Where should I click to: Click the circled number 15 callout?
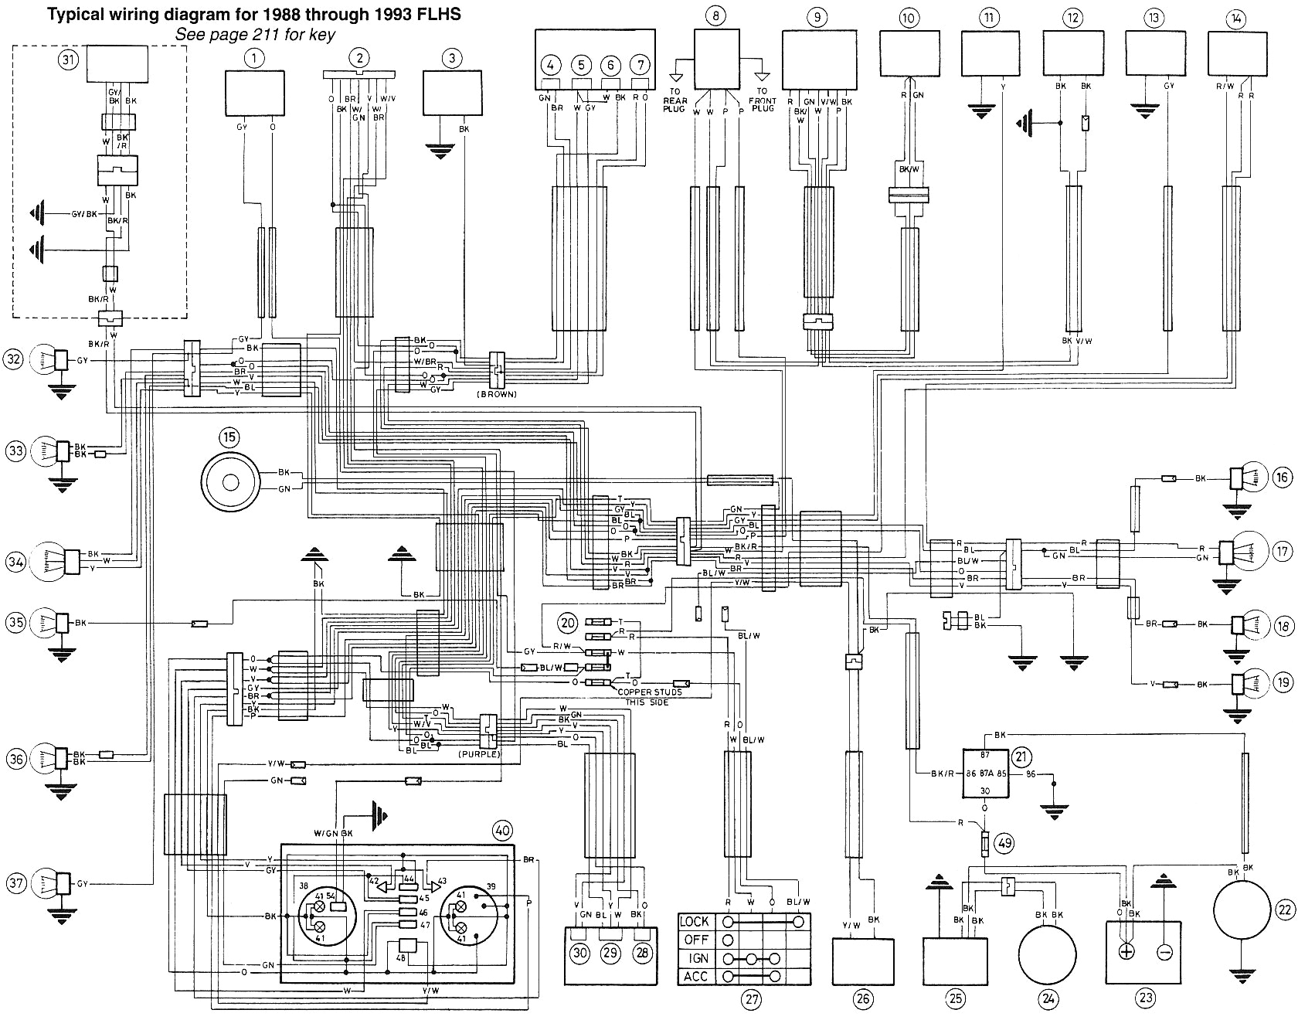click(x=229, y=438)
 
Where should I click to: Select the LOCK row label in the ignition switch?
click(x=695, y=922)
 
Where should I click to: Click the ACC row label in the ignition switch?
click(x=695, y=977)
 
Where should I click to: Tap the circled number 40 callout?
click(x=502, y=831)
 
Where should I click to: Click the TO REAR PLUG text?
click(x=675, y=99)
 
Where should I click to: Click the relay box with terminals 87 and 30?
click(x=984, y=773)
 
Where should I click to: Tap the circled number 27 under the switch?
click(x=750, y=1000)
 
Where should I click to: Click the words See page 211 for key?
click(x=255, y=35)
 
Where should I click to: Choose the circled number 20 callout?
click(x=568, y=624)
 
